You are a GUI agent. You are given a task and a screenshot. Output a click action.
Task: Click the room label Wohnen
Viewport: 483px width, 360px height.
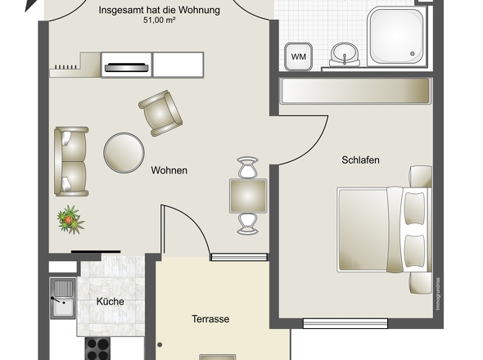click(x=169, y=170)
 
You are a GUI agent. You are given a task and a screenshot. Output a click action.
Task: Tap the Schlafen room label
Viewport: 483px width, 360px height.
click(x=360, y=160)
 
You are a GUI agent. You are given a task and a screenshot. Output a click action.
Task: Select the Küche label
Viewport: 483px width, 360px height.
click(x=110, y=302)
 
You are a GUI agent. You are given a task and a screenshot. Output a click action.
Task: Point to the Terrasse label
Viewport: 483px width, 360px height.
click(x=210, y=319)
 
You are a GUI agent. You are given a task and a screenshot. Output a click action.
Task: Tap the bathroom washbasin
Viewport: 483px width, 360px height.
click(x=346, y=55)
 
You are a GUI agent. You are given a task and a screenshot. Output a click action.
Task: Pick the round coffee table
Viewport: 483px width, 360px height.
click(x=124, y=152)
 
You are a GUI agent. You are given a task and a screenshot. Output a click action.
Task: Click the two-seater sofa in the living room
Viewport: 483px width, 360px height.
click(x=71, y=160)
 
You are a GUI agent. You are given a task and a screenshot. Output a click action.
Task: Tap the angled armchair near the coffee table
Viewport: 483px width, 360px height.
click(x=160, y=112)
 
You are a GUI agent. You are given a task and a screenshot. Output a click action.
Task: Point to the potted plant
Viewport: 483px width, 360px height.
click(x=70, y=219)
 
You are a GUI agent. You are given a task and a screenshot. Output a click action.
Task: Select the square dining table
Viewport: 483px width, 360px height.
click(x=247, y=196)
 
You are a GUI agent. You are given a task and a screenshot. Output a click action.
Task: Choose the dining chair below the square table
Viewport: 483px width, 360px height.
click(x=247, y=223)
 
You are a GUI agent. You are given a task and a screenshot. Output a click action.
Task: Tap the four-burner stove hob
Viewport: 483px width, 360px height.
click(x=97, y=348)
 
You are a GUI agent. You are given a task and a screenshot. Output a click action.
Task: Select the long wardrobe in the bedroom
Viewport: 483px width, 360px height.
click(x=354, y=90)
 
